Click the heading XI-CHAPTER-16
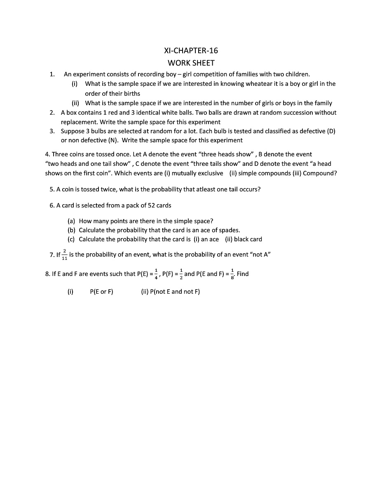pyautogui.click(x=191, y=51)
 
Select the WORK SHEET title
pyautogui.click(x=191, y=63)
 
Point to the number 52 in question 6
pyautogui.click(x=151, y=205)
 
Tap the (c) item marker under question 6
pyautogui.click(x=71, y=239)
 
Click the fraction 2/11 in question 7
pyautogui.click(x=65, y=255)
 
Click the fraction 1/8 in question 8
pyautogui.click(x=232, y=273)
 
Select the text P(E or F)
pyautogui.click(x=101, y=292)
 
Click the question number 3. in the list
pyautogui.click(x=52, y=131)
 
